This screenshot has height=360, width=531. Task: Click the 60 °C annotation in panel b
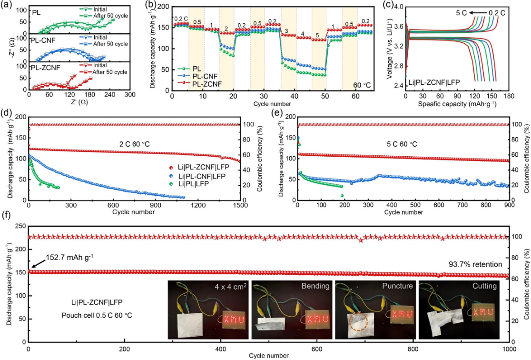(363, 86)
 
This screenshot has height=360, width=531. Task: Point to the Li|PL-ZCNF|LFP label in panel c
(434, 82)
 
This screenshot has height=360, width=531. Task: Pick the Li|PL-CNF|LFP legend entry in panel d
(203, 176)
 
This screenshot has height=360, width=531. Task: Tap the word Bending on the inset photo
(315, 287)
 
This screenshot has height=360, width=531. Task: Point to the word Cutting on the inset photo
(483, 287)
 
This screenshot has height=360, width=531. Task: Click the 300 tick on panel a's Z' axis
(129, 95)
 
